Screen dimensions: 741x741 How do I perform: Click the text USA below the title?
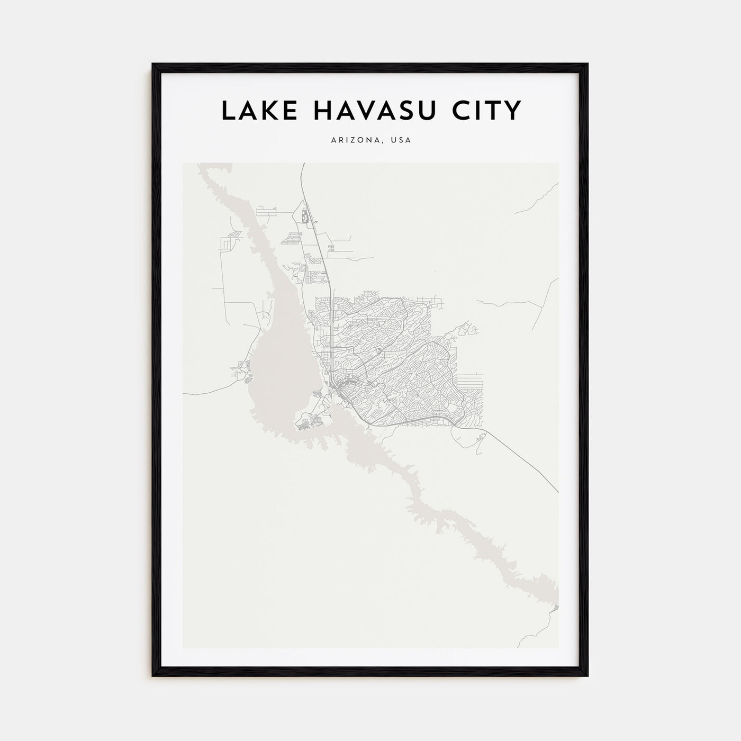point(401,141)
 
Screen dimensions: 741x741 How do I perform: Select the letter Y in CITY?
point(512,111)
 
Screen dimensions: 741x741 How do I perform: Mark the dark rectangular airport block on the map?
point(304,216)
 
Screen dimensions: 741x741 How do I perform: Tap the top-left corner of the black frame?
point(153,65)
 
